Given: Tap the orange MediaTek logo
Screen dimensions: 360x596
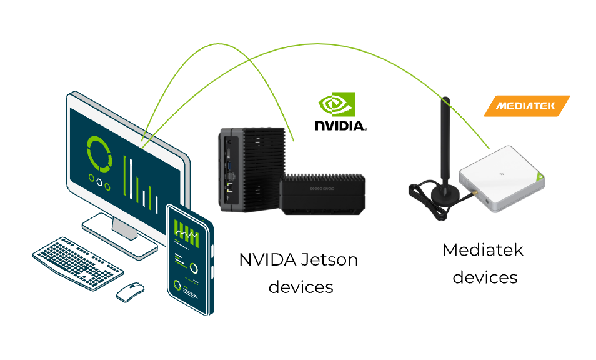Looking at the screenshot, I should click(527, 106).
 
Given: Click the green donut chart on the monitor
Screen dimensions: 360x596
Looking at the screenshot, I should click(99, 153).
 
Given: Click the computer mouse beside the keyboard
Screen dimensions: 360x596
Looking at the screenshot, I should click(130, 291).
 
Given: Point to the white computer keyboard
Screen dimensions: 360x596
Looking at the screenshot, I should click(77, 262).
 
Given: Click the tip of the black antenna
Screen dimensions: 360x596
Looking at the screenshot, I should click(445, 100).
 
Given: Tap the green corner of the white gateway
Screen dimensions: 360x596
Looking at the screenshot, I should click(540, 179).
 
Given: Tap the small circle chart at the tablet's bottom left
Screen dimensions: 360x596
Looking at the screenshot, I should click(178, 286).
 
